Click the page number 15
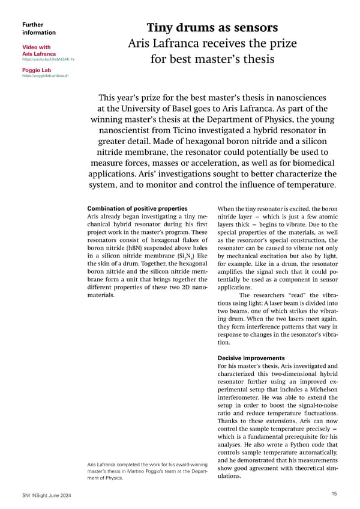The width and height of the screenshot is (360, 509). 334,493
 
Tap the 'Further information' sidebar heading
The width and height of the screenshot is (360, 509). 38,28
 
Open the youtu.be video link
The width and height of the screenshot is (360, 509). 48,60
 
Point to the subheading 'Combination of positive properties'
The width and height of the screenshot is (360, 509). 137,208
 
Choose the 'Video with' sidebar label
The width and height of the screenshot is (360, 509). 36,47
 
